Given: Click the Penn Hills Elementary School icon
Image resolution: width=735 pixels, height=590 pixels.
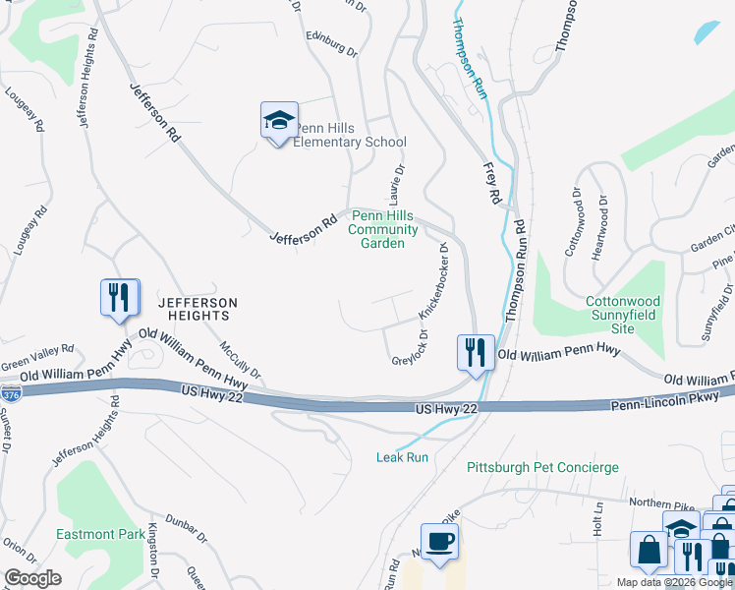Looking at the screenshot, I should coord(278,121).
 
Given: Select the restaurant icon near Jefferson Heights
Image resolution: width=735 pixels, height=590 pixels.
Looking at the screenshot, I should coord(120,298).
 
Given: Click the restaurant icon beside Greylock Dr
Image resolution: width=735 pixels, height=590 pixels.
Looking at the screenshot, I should coord(477,352).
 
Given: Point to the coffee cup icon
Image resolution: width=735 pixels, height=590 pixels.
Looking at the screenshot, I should coord(439,542).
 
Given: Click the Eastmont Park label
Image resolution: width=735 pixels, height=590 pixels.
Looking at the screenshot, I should coord(101,534).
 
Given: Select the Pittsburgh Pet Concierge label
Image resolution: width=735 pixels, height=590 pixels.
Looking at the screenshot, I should coord(542,466).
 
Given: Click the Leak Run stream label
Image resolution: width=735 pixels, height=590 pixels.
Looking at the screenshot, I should coord(402,457).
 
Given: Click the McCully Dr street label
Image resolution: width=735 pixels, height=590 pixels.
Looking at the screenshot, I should coord(241,360).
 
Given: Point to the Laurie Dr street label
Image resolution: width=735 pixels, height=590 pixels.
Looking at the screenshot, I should coord(400,179).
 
